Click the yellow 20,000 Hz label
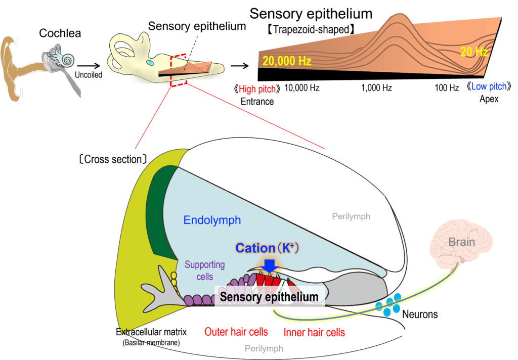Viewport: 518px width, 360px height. [x=286, y=61]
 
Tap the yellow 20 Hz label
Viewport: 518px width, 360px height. [x=474, y=52]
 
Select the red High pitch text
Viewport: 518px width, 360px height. [x=257, y=89]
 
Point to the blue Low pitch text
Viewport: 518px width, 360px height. [x=489, y=86]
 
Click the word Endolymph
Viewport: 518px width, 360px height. [x=212, y=220]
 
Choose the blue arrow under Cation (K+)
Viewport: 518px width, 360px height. [x=270, y=265]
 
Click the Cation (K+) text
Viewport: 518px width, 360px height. [x=268, y=248]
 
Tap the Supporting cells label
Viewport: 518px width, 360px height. [x=204, y=271]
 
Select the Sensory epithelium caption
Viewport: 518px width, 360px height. [x=269, y=297]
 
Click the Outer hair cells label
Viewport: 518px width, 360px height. [x=236, y=332]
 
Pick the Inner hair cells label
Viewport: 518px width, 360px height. [x=314, y=333]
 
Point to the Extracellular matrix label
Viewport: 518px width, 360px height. [x=151, y=332]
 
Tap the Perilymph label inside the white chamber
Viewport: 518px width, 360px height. [x=351, y=216]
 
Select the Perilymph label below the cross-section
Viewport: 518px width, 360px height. [x=264, y=348]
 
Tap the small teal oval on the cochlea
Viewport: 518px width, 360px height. [x=150, y=63]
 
